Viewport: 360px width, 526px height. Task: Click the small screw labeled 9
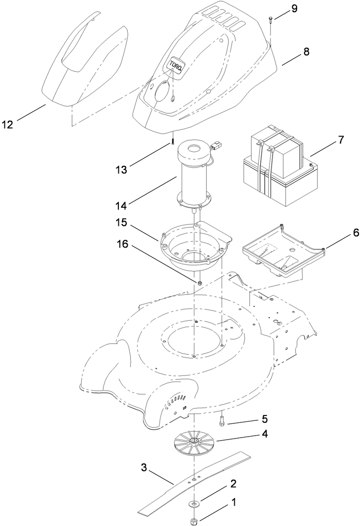(x=271, y=19)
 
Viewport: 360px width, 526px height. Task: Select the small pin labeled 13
(x=173, y=140)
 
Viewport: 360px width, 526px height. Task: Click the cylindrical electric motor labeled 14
(x=194, y=177)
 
